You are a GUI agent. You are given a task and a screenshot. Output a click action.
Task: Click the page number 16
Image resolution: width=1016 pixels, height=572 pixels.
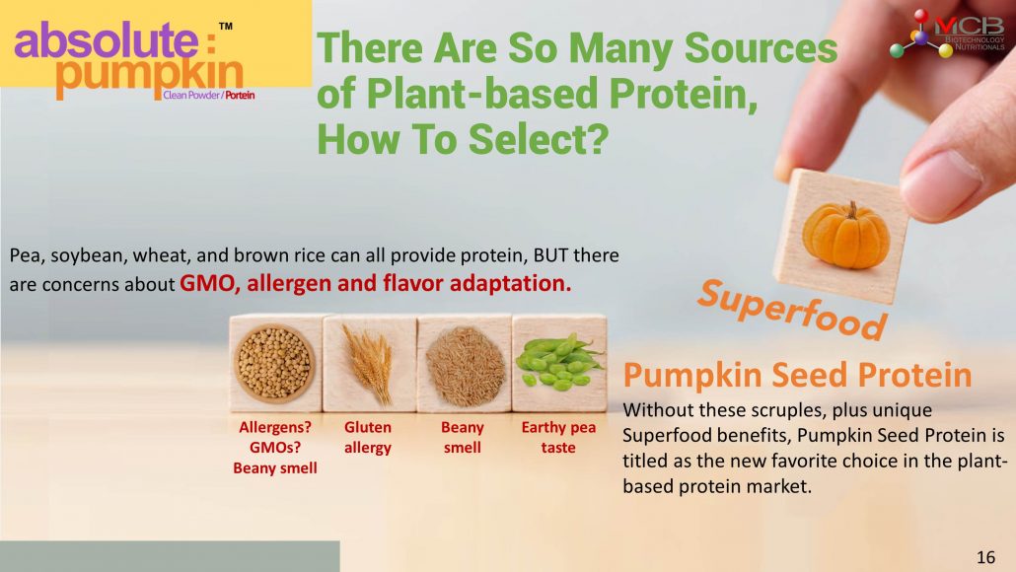click(x=985, y=557)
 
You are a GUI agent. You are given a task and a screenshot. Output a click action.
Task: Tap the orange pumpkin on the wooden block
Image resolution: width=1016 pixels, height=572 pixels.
click(x=845, y=235)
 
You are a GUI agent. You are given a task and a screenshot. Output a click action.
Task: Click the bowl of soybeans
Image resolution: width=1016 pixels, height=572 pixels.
click(x=275, y=363)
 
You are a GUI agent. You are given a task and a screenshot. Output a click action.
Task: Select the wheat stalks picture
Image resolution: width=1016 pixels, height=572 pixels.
click(x=369, y=363)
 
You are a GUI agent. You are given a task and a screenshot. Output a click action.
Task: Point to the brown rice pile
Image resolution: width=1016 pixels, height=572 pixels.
click(x=465, y=366)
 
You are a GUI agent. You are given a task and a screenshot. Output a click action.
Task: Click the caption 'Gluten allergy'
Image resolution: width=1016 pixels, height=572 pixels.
click(x=367, y=437)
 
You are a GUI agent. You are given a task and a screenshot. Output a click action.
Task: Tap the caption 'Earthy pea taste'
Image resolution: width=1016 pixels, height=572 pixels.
click(x=558, y=437)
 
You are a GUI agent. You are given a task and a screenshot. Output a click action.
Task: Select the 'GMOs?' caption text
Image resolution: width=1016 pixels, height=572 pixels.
click(x=275, y=447)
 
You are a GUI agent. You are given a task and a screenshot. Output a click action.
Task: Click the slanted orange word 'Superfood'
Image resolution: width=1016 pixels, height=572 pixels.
click(x=792, y=310)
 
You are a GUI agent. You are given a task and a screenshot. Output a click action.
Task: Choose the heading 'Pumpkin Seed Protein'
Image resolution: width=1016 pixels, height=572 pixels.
click(x=797, y=375)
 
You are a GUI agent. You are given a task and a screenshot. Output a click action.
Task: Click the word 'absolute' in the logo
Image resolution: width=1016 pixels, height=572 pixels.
click(x=106, y=40)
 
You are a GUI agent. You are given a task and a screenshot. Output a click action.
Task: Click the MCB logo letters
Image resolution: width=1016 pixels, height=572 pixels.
click(x=969, y=26)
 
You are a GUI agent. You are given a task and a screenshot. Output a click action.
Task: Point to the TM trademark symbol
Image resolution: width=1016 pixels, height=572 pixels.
click(x=226, y=27)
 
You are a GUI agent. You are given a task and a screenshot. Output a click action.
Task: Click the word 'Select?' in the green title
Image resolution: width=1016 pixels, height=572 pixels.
click(x=539, y=139)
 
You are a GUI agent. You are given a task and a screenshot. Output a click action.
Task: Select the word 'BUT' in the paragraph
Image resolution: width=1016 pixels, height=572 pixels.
click(x=550, y=255)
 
